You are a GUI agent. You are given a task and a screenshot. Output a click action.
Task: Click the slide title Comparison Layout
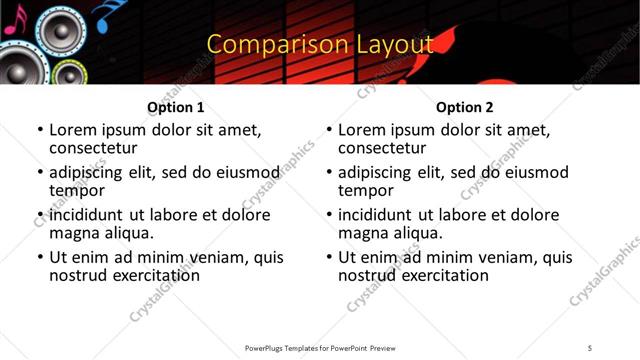point(320,44)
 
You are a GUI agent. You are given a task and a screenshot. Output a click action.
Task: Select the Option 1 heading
point(175,107)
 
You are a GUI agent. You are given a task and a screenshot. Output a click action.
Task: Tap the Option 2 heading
point(464,107)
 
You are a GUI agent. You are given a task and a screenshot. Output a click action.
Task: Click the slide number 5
point(590,347)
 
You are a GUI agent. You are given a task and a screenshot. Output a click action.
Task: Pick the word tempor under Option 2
point(366,191)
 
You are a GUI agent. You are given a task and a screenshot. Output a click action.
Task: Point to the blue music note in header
point(104,13)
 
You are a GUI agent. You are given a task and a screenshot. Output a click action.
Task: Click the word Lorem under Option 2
point(362,130)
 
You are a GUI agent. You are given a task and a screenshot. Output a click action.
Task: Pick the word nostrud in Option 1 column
point(78,275)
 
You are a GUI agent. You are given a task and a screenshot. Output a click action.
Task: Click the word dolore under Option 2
point(533,215)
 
